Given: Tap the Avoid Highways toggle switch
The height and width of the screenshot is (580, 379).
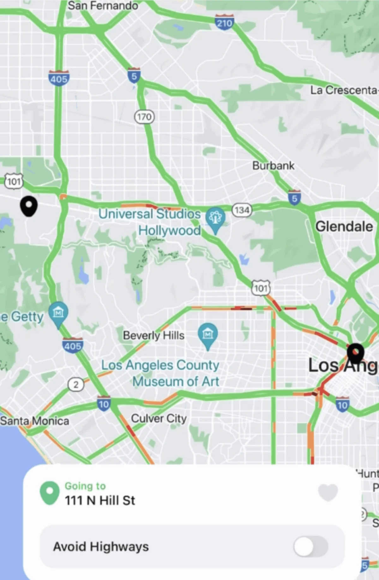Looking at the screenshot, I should (x=311, y=547).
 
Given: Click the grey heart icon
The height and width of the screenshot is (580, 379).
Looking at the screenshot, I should (x=328, y=492).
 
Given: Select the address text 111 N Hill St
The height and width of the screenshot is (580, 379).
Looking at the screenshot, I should (x=100, y=500).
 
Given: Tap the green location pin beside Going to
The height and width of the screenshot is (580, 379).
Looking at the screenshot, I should (x=50, y=493).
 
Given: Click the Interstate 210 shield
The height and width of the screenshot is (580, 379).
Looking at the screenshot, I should (x=224, y=22).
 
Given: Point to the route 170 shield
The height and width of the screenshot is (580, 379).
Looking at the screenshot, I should (x=144, y=117).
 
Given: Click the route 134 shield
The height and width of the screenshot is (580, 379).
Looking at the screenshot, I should (x=242, y=210).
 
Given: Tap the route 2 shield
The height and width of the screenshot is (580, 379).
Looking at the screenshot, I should (x=76, y=385).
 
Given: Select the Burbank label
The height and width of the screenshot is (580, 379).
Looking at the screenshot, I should (x=273, y=165).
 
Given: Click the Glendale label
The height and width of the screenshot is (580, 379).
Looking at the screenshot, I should (x=344, y=226).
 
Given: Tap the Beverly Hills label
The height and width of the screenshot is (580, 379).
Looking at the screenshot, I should (x=153, y=335).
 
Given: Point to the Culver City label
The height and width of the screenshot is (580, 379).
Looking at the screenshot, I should (x=159, y=419).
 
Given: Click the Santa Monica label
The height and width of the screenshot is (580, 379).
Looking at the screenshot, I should (x=34, y=421).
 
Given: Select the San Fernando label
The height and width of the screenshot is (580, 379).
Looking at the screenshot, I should (x=103, y=5).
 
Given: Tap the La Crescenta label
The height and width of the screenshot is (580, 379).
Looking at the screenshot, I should (x=344, y=90).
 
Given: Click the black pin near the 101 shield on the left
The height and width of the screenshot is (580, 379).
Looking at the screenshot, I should (x=29, y=206).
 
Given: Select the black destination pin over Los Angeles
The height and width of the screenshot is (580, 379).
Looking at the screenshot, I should (x=356, y=353).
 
